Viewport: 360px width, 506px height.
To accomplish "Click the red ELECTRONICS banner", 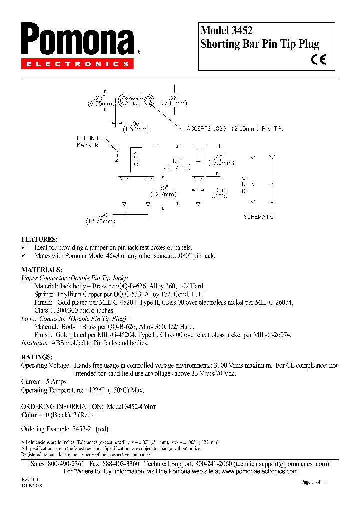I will [x=77, y=64].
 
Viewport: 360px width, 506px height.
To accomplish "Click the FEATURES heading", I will [x=39, y=239].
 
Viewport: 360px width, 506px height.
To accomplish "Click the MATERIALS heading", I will [x=41, y=270].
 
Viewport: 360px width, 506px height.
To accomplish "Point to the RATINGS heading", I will [x=37, y=357].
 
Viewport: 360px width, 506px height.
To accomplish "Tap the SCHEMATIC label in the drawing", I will [x=259, y=217].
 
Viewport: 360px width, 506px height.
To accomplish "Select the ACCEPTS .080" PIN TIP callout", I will [x=235, y=128].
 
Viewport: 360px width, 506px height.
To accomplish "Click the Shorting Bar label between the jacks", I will [x=135, y=100].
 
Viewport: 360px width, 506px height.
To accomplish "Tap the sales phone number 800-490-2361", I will [x=65, y=464].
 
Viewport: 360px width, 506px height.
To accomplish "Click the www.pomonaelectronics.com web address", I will [x=259, y=471].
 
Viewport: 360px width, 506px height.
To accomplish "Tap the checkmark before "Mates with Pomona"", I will [x=24, y=255].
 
